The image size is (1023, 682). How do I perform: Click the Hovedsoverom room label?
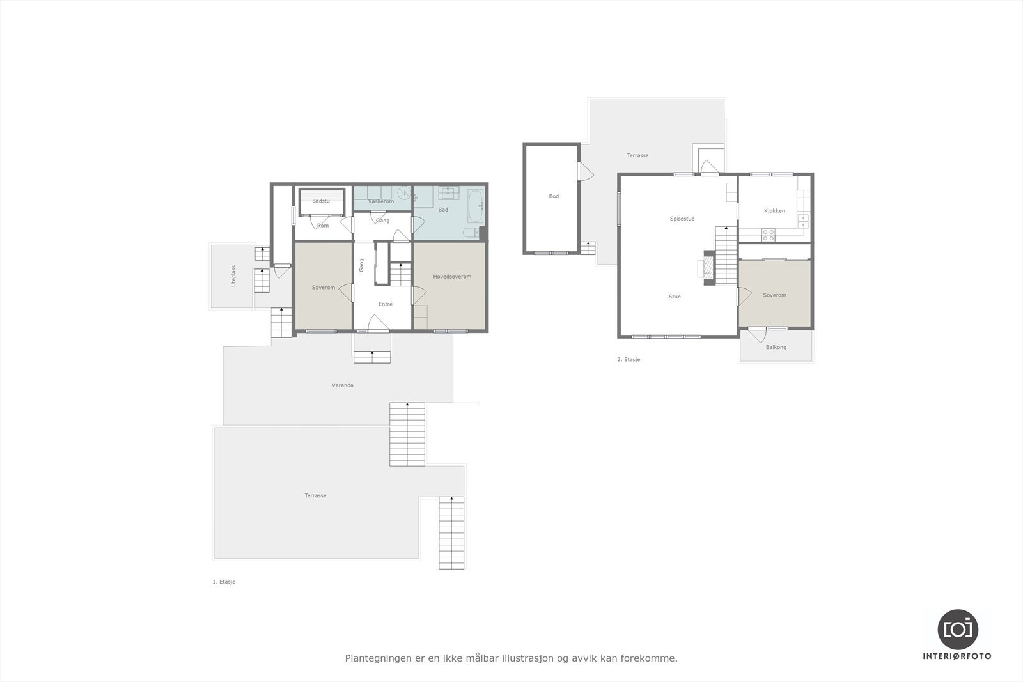[x=452, y=277]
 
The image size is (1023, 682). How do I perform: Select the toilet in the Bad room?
[x=470, y=233]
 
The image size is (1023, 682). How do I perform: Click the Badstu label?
[x=321, y=201]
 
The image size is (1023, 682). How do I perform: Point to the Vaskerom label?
[x=381, y=201]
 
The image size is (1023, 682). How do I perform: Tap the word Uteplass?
[x=234, y=275]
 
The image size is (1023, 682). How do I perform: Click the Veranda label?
[x=343, y=385]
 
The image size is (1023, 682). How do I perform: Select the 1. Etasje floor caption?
[x=224, y=582]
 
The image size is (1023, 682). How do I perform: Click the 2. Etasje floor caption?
[x=629, y=360]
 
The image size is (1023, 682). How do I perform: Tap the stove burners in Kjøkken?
[x=768, y=235]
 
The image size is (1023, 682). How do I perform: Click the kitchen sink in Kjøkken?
[x=803, y=221]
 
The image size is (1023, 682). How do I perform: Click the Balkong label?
[x=776, y=347]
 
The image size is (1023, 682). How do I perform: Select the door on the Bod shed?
[x=585, y=172]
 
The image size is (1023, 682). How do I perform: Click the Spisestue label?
[x=682, y=219]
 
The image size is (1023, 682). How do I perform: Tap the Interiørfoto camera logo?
[x=957, y=629]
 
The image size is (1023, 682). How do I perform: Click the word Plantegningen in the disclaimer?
[x=375, y=658]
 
